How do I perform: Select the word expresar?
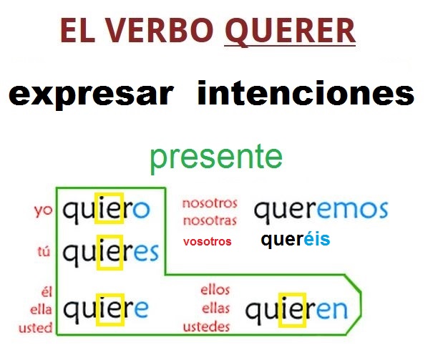pyautogui.click(x=91, y=94)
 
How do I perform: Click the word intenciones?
pyautogui.click(x=306, y=94)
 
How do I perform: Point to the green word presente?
pyautogui.click(x=216, y=158)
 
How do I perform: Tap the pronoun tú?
pyautogui.click(x=44, y=251)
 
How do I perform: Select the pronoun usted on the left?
pyautogui.click(x=37, y=328)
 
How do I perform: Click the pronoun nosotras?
pyautogui.click(x=209, y=220)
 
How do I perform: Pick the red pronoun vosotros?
pyautogui.click(x=207, y=242)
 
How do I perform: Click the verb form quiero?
pyautogui.click(x=106, y=210)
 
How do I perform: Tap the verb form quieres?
pyautogui.click(x=110, y=253)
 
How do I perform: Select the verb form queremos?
pyautogui.click(x=321, y=210)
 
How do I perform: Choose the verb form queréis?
pyautogui.click(x=296, y=240)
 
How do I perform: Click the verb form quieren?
pyautogui.click(x=296, y=310)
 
